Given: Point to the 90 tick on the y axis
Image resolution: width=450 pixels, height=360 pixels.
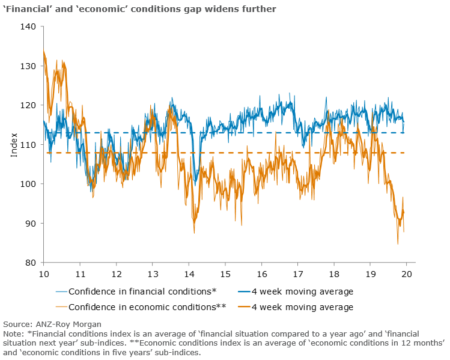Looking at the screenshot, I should [x=31, y=224].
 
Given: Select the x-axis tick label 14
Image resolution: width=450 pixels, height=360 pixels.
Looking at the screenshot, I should [x=189, y=273].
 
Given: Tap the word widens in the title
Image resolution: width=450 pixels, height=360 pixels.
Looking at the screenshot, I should [x=195, y=9].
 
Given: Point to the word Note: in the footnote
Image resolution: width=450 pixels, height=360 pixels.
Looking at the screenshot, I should [x=14, y=334].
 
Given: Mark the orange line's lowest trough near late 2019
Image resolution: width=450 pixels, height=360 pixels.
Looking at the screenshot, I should [x=398, y=244].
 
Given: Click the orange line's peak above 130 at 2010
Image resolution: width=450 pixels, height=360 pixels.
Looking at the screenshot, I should [x=44, y=50].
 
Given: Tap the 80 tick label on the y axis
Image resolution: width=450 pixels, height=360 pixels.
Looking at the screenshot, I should [x=31, y=263].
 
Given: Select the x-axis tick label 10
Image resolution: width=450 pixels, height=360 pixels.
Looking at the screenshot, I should [x=44, y=273].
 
